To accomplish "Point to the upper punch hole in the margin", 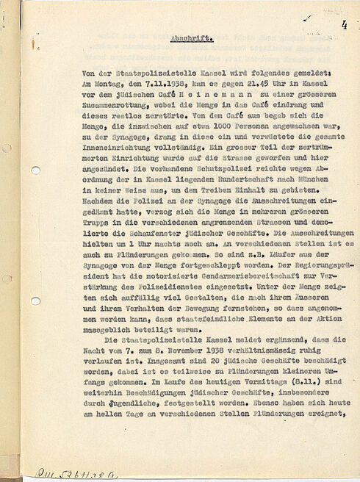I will coord(35,170).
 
